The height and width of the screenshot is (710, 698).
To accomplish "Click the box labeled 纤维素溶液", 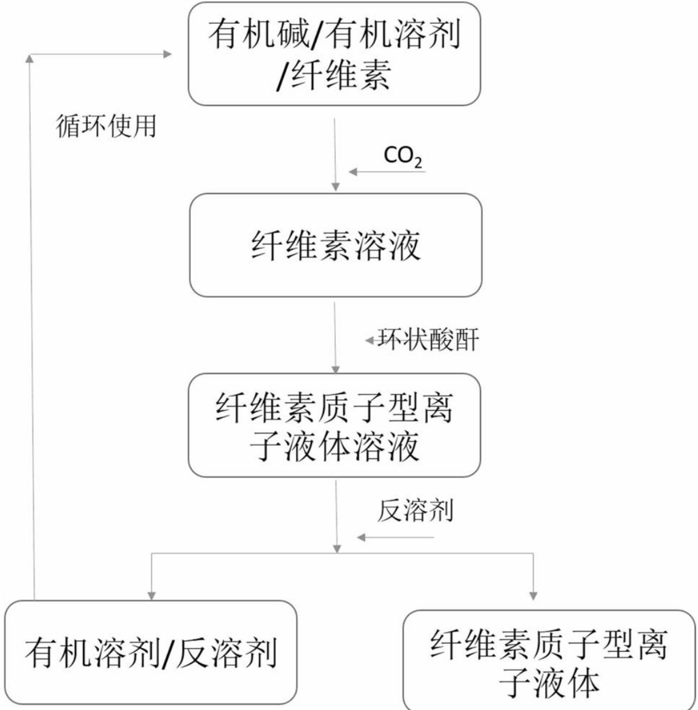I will tap(335, 245).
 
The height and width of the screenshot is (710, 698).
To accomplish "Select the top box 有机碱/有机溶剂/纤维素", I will tap(334, 54).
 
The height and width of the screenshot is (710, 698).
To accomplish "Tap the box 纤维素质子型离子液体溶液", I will tap(335, 425).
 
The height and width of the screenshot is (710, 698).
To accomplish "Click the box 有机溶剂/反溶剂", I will tap(150, 652).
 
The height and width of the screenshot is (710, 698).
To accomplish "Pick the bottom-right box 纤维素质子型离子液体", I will tap(549, 660).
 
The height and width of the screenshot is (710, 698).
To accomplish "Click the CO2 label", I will tap(403, 156).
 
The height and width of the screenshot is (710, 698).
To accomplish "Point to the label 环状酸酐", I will tap(428, 340).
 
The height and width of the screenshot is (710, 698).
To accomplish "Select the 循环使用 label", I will tap(106, 126).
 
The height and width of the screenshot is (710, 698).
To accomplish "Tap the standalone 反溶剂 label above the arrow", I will tap(415, 510).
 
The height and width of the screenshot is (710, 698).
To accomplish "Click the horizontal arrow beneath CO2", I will tap(387, 172).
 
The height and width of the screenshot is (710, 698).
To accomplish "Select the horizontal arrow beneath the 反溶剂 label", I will tap(395, 538).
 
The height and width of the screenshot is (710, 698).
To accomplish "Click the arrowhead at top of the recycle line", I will tap(29, 58).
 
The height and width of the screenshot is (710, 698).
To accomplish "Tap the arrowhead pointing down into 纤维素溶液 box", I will tap(335, 186).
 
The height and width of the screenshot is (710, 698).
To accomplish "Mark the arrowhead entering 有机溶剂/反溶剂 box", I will tap(151, 594).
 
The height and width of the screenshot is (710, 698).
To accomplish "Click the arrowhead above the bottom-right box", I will tap(533, 594).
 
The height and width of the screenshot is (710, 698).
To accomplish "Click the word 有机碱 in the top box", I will tap(258, 34).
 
